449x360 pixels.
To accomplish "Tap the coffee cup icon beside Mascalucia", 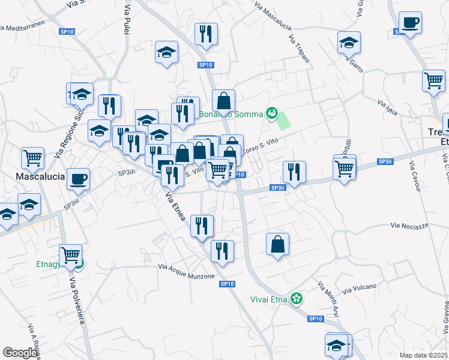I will pyautogui.click(x=77, y=178).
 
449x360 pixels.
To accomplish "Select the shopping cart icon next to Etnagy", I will pyautogui.click(x=71, y=255).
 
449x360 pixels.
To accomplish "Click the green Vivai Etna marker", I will pyautogui.click(x=296, y=298).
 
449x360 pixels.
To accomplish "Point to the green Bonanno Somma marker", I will pyautogui.click(x=272, y=112).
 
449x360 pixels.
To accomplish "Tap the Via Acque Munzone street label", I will pyautogui.click(x=186, y=271).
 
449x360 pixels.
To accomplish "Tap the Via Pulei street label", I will pyautogui.click(x=128, y=20).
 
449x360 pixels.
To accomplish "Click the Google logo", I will pyautogui.click(x=20, y=352).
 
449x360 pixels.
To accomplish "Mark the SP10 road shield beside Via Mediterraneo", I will pyautogui.click(x=67, y=32).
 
